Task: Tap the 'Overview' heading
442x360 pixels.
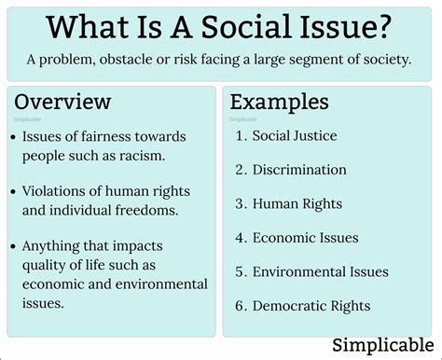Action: [x=62, y=102]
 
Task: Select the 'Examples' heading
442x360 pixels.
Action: [x=280, y=102]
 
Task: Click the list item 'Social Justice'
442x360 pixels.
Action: [x=295, y=136]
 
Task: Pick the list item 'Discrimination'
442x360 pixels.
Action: [x=299, y=170]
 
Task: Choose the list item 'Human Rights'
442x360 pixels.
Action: [x=297, y=203]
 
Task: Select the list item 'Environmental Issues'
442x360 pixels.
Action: [x=320, y=271]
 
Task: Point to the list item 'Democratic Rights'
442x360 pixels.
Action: [x=311, y=305]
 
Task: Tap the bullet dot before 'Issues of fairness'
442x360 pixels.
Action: [x=10, y=137]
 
